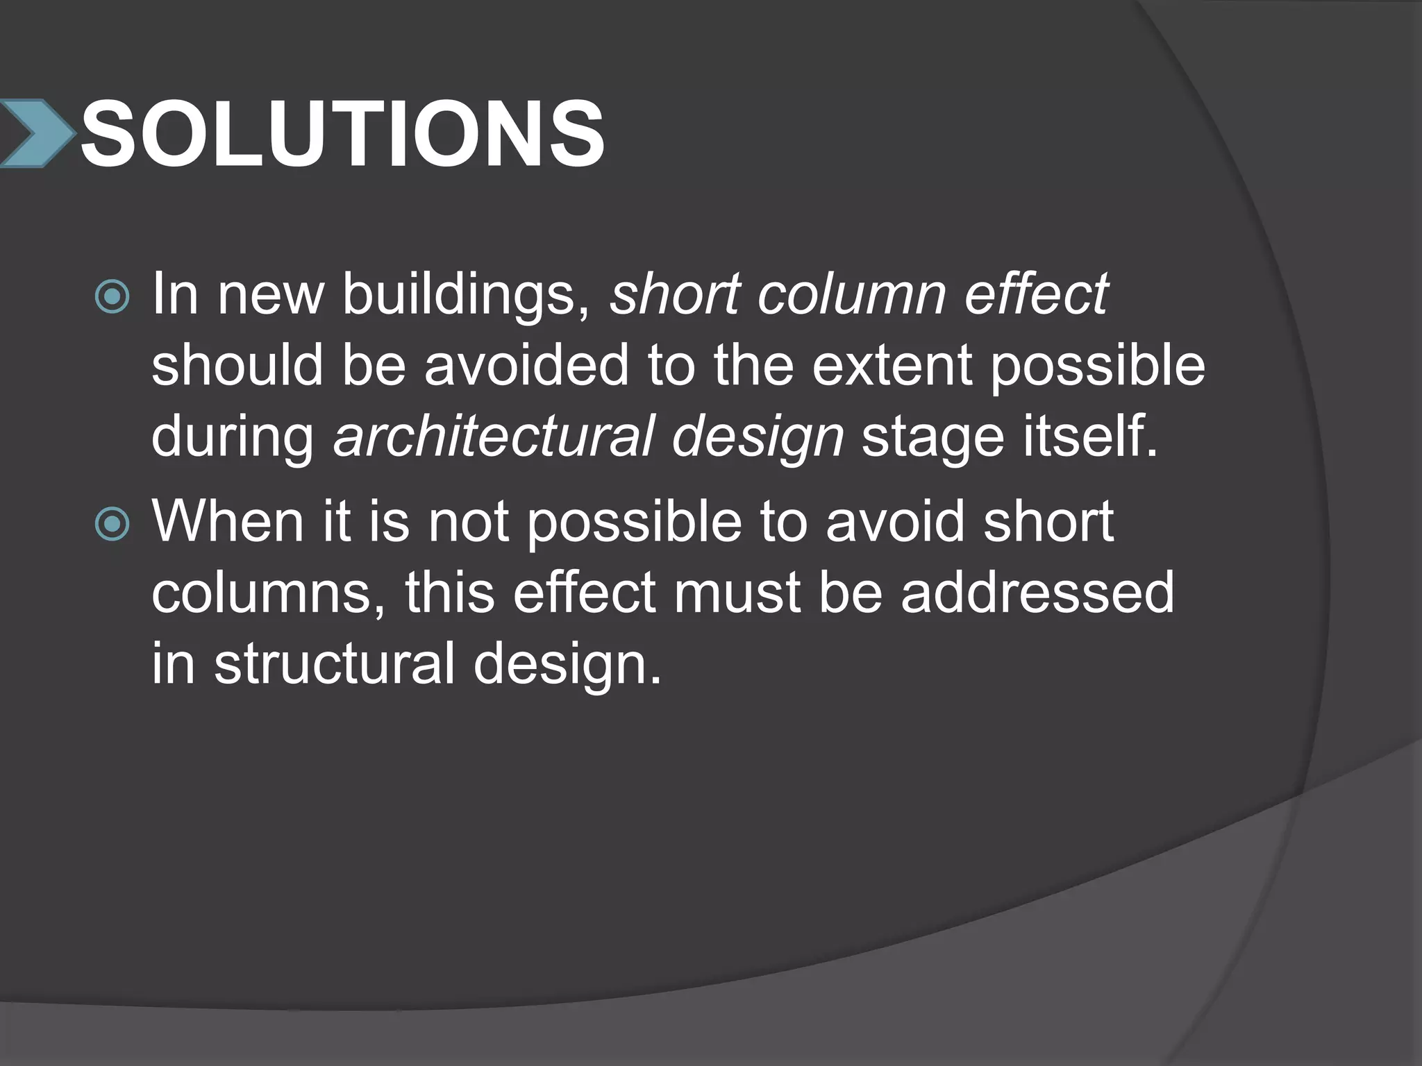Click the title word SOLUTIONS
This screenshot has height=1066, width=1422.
[342, 133]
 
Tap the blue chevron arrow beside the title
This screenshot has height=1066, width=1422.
[36, 133]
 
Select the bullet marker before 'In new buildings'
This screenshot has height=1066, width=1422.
[112, 297]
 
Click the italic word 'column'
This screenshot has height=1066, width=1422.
[851, 294]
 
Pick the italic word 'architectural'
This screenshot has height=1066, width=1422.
[494, 437]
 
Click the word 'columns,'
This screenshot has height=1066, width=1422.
[268, 594]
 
